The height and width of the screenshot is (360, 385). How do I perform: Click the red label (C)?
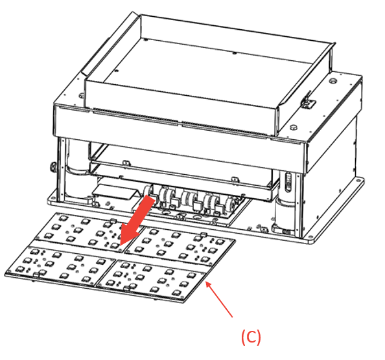tap(251, 337)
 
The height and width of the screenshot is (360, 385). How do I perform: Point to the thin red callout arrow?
tap(219, 299)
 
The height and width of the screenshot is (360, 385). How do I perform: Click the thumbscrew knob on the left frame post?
tap(52, 167)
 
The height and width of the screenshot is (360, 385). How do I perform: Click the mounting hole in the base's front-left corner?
tap(52, 197)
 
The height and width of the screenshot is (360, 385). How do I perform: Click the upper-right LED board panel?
tap(181, 246)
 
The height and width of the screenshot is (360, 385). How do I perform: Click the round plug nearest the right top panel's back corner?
tap(332, 80)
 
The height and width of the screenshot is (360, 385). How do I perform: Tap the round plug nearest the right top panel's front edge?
tap(293, 127)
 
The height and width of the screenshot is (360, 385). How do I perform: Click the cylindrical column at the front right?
tap(285, 211)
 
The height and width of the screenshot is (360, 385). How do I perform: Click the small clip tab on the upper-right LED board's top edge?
tap(204, 234)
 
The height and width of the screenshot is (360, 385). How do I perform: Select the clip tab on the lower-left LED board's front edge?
tap(37, 275)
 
